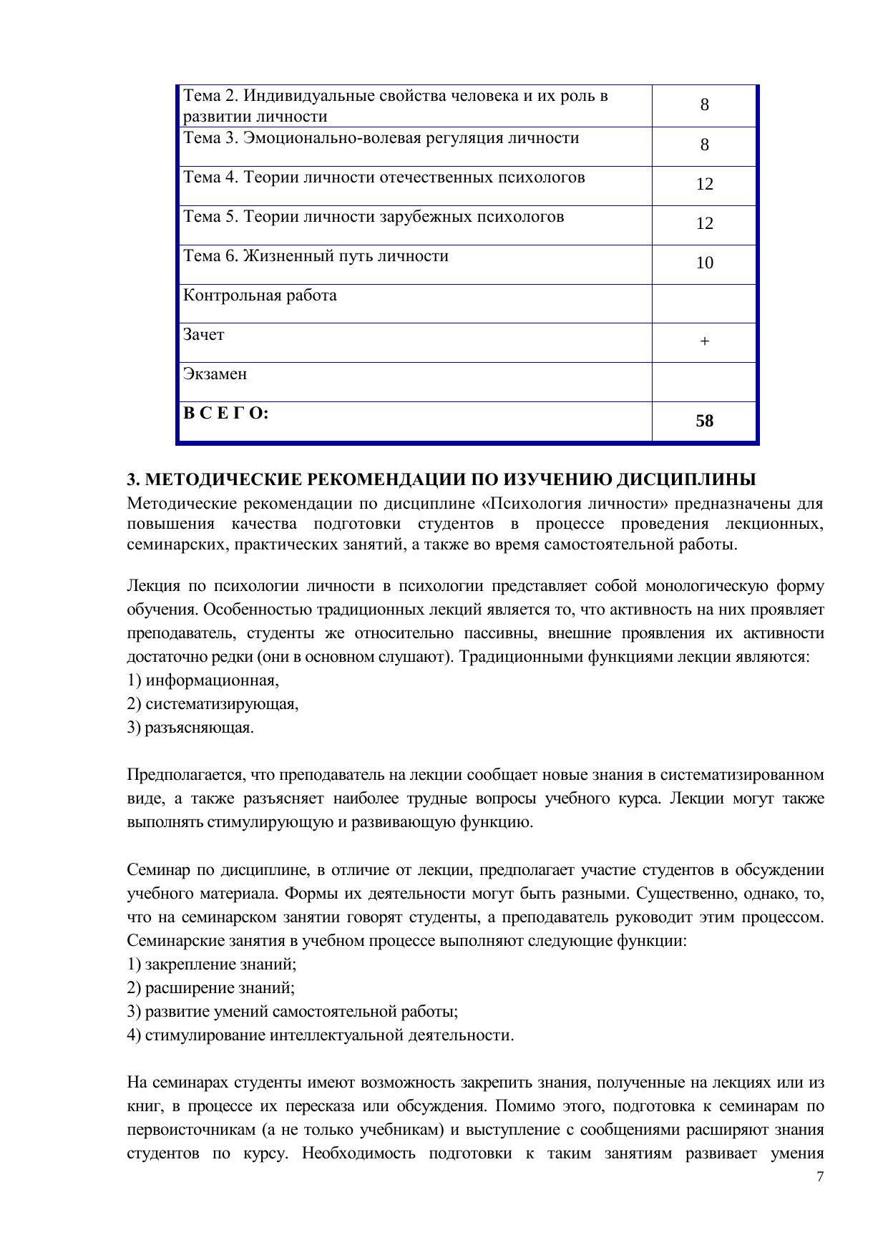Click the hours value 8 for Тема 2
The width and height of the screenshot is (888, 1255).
click(704, 105)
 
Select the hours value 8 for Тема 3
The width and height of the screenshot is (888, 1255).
click(704, 145)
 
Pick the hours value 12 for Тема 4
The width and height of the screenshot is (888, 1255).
click(704, 185)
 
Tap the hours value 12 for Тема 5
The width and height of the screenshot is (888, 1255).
click(704, 224)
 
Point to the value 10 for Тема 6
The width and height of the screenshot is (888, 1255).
click(704, 263)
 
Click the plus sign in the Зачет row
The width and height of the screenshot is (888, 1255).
click(704, 342)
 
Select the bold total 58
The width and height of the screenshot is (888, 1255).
click(704, 421)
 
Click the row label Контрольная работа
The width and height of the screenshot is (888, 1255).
click(260, 296)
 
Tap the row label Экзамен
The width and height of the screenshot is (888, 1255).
click(215, 374)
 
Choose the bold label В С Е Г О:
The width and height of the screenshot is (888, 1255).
click(226, 414)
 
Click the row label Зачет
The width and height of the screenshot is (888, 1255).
click(203, 335)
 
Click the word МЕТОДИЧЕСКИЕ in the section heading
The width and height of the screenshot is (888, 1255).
click(217, 479)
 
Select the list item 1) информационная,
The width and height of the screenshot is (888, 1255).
click(203, 680)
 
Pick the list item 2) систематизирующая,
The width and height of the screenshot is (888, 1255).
click(213, 704)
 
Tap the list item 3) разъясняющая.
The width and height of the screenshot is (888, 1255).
click(190, 728)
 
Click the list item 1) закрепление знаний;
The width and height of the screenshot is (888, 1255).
click(212, 965)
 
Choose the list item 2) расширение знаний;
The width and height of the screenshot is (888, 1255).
click(211, 988)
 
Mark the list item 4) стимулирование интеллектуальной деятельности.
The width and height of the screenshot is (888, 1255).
click(321, 1035)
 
